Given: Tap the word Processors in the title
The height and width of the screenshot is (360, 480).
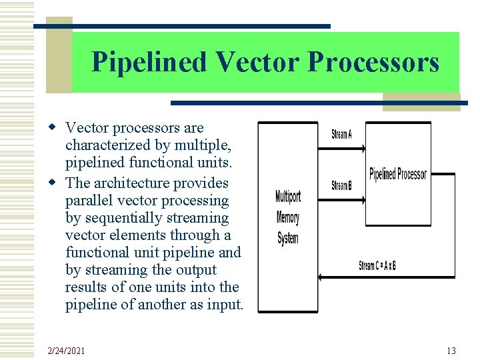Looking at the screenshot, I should pos(373,63).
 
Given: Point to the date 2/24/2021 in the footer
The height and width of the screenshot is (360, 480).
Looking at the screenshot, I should pos(66,351).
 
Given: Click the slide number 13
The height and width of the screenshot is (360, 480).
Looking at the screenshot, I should pos(451,351).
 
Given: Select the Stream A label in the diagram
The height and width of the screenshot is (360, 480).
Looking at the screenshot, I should pos(341,135).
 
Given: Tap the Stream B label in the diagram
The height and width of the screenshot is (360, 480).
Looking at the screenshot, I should pos(341,185).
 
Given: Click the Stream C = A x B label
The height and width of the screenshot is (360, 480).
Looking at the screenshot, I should pos(377,265).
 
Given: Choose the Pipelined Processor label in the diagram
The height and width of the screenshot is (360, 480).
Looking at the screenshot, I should pos(398,174).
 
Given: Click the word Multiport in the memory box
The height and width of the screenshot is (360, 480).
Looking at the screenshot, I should pos(288,197).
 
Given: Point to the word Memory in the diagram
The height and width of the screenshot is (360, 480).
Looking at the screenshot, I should pos(288,217).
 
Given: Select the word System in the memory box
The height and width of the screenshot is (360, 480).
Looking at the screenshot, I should pos(288,238).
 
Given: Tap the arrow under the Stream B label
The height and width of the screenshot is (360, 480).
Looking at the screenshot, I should pos(343,198).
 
